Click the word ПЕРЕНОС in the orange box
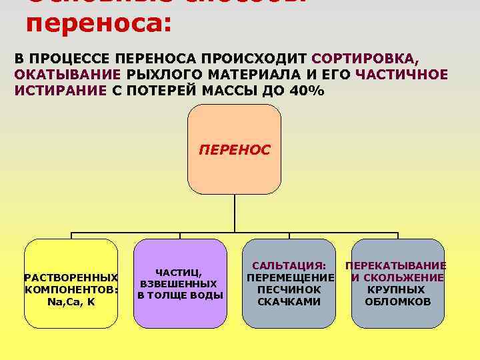pyautogui.click(x=235, y=150)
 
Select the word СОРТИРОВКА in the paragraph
pyautogui.click(x=363, y=58)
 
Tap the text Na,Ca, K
pyautogui.click(x=71, y=302)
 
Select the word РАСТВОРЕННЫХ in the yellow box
pyautogui.click(x=71, y=277)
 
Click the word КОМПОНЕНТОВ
pyautogui.click(x=71, y=289)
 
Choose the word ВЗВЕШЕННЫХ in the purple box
pyautogui.click(x=180, y=284)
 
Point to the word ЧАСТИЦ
pyautogui.click(x=179, y=272)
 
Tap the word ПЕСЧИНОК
pyautogui.click(x=289, y=290)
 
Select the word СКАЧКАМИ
pyautogui.click(x=289, y=302)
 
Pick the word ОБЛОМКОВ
pyautogui.click(x=397, y=302)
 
